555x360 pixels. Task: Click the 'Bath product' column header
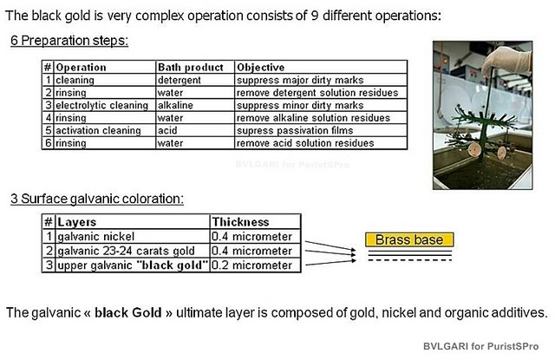tap(191, 68)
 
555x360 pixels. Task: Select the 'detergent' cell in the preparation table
tap(180, 80)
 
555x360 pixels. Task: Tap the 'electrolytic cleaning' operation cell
tap(102, 105)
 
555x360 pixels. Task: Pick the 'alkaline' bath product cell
tap(175, 105)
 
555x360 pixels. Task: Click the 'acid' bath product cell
tap(167, 130)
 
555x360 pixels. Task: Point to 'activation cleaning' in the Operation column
tap(98, 130)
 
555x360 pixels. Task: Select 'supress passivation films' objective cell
tap(295, 130)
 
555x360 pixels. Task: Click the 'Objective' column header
tap(260, 68)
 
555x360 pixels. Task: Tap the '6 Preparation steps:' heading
tap(69, 41)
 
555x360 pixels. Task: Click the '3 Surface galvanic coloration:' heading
tap(97, 199)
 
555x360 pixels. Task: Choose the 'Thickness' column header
tap(241, 222)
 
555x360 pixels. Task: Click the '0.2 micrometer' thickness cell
tap(251, 265)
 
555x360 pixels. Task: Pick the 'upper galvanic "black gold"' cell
tap(133, 265)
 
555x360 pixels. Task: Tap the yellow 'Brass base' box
tap(409, 239)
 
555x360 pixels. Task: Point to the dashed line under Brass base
tap(410, 260)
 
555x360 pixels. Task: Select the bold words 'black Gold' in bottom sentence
tap(128, 312)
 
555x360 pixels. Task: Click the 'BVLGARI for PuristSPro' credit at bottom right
tap(480, 346)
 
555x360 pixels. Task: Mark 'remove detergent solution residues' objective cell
tap(317, 93)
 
